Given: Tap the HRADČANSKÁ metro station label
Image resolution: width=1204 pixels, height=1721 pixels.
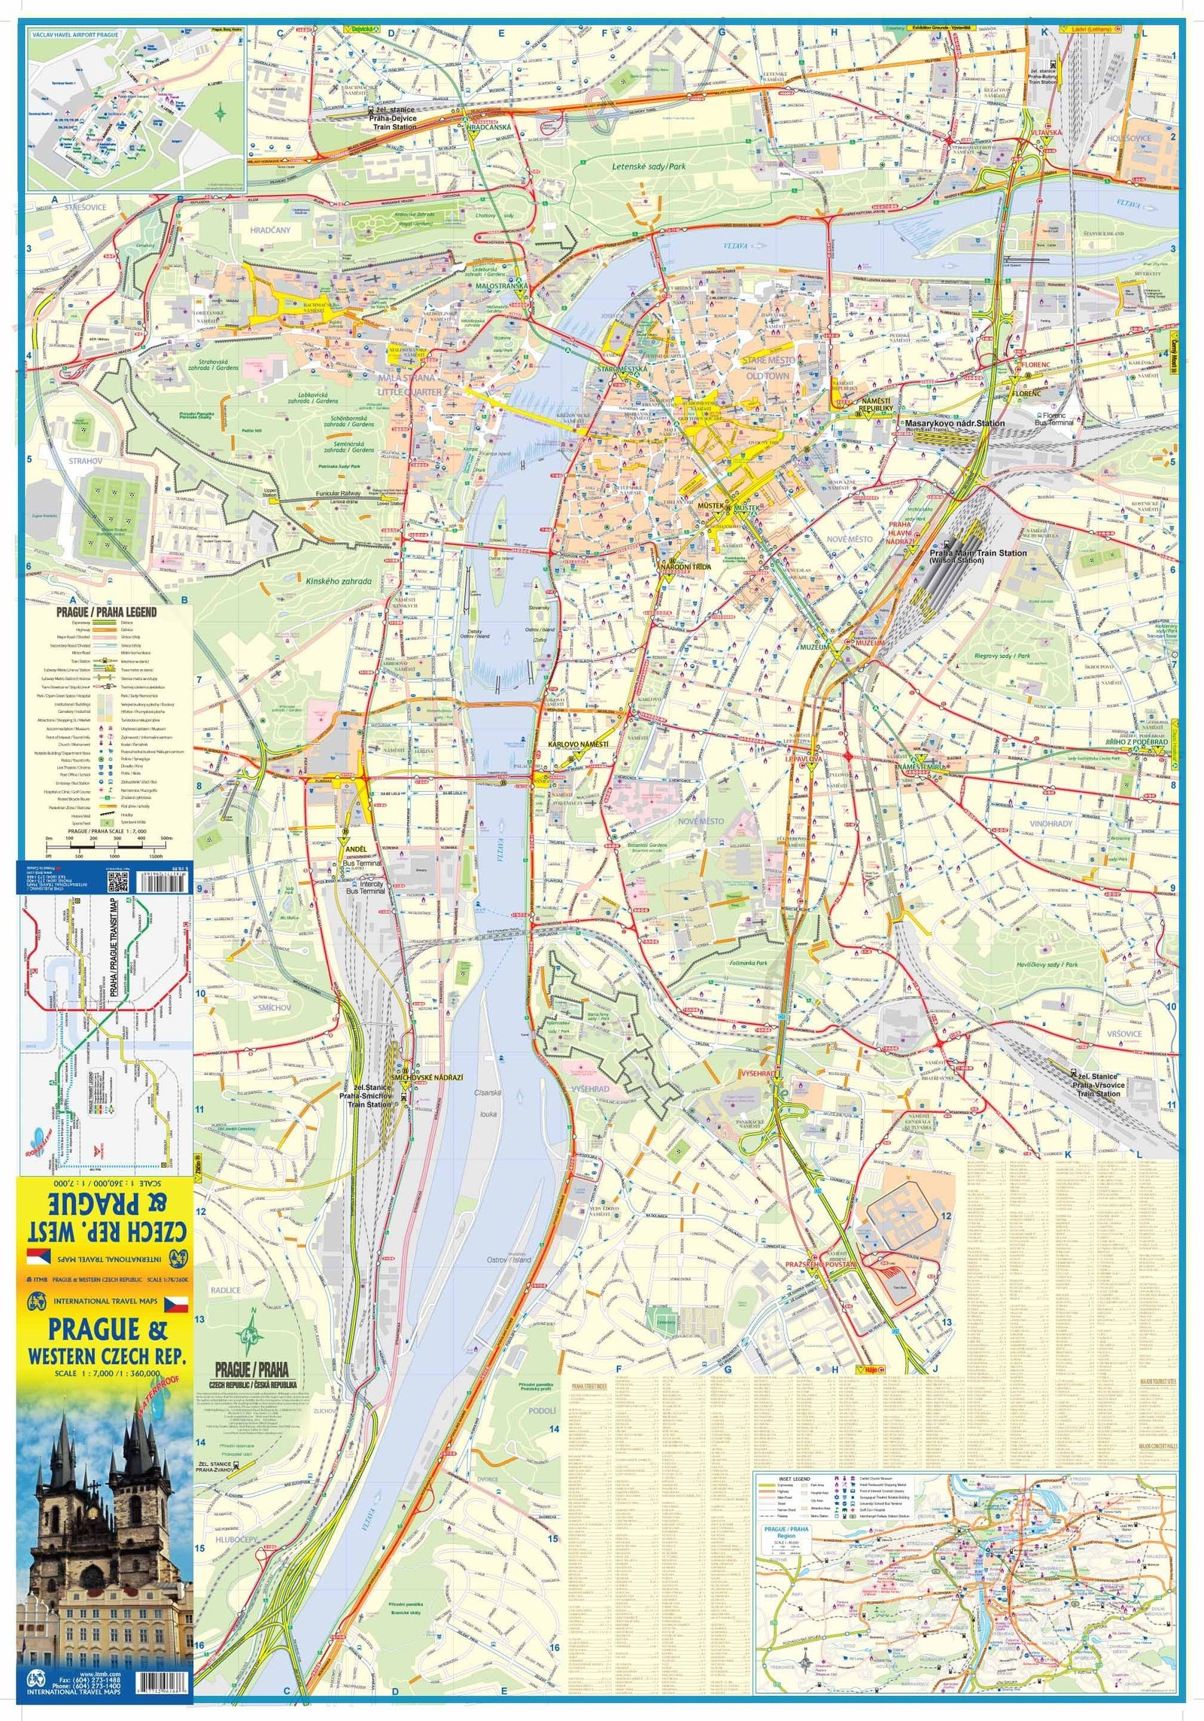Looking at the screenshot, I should [488, 127].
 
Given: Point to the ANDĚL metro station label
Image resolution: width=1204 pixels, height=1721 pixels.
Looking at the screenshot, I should [355, 848].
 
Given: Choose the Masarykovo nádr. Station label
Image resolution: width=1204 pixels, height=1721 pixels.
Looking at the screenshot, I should [954, 423].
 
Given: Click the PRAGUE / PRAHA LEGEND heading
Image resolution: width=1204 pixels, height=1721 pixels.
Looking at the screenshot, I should [106, 612].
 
